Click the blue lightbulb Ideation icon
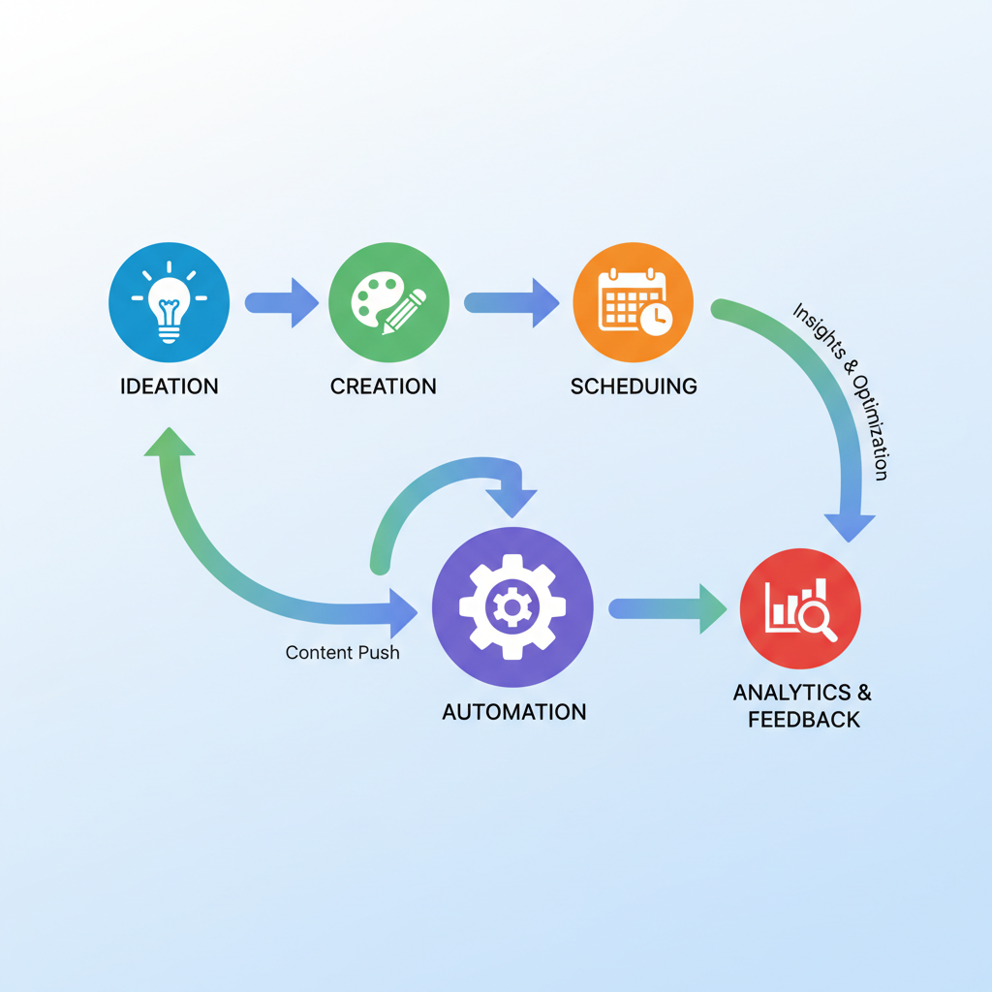click(170, 301)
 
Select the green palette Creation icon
click(388, 301)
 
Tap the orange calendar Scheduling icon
click(634, 301)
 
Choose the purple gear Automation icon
click(512, 607)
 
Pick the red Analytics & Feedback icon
click(800, 607)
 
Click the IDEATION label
click(170, 387)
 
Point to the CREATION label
click(384, 387)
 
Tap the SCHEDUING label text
click(634, 387)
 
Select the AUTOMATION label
click(514, 712)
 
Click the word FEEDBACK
click(803, 720)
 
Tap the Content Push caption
click(343, 653)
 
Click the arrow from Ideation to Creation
click(282, 302)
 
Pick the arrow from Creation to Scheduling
click(511, 302)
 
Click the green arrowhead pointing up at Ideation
click(170, 444)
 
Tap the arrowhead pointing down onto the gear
click(511, 500)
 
